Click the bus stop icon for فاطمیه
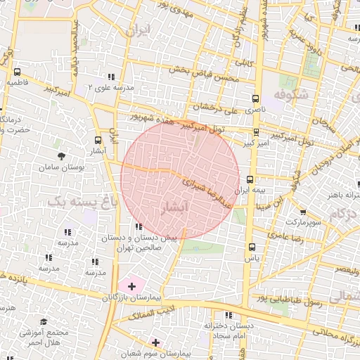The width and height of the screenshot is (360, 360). click(17, 72)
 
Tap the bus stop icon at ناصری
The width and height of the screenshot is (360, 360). click(255, 98)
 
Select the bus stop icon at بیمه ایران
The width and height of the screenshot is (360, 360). click(250, 180)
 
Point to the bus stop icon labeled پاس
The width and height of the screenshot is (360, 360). click(252, 247)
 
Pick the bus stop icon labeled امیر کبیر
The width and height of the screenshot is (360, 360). click(255, 131)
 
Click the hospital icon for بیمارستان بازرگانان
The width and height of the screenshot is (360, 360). click(131, 286)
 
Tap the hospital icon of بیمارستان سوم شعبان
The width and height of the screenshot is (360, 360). click(155, 342)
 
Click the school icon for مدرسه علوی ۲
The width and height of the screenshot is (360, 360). click(111, 77)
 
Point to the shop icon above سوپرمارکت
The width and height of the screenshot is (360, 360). click(302, 212)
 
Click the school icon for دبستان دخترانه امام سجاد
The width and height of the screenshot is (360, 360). click(228, 315)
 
